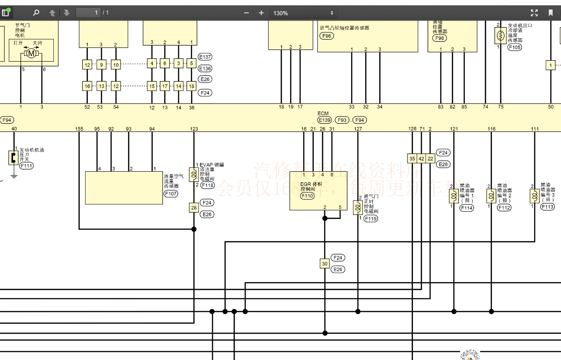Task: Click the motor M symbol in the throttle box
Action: (x=31, y=53)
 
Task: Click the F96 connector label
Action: (x=327, y=36)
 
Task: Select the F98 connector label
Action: (x=440, y=38)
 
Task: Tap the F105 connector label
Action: (x=514, y=47)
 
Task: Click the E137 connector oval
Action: (x=205, y=57)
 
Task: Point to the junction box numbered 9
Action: (x=102, y=65)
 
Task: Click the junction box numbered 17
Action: (x=165, y=86)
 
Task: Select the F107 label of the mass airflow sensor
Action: (x=171, y=193)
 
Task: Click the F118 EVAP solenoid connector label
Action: (x=208, y=185)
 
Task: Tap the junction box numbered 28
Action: (x=194, y=208)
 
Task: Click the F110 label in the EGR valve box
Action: (x=307, y=196)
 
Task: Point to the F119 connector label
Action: (x=371, y=219)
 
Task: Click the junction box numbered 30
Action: (x=325, y=264)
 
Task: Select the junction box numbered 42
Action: (x=421, y=159)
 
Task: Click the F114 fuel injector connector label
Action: (x=466, y=208)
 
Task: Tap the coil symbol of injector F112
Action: (x=491, y=196)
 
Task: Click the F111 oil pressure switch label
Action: (x=26, y=166)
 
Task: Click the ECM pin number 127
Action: (x=358, y=129)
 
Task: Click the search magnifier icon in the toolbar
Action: (x=36, y=13)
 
